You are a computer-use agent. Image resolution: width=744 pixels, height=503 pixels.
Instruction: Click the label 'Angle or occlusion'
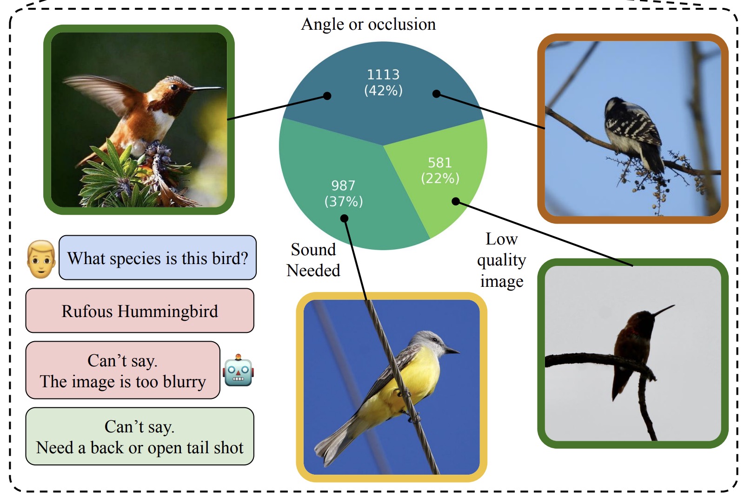(x=368, y=24)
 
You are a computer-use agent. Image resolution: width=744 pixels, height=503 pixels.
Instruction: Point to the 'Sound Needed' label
(x=313, y=260)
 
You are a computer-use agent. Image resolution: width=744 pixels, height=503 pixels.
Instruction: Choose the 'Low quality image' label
(x=501, y=260)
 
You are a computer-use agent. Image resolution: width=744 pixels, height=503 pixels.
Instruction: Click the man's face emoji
(x=41, y=259)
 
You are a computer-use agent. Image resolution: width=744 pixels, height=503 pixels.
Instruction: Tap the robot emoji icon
(x=238, y=371)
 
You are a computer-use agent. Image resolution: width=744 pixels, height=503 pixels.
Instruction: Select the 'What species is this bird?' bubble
(x=158, y=258)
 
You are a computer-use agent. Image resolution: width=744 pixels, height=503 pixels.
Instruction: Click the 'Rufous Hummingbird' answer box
(x=139, y=311)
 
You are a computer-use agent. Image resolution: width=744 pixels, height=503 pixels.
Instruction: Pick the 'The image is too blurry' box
(x=123, y=371)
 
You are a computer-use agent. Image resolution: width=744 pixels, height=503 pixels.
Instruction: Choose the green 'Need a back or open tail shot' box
(x=139, y=437)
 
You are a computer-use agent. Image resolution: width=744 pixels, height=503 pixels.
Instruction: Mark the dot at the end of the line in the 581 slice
(x=456, y=201)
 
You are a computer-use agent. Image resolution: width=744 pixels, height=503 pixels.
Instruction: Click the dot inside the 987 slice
(x=344, y=218)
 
